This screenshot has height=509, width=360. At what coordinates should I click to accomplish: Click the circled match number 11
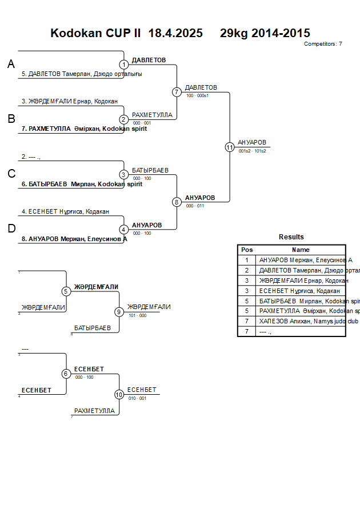(x=230, y=147)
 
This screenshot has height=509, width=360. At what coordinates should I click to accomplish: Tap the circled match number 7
(x=177, y=92)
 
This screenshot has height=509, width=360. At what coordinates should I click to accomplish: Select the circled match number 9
(x=119, y=312)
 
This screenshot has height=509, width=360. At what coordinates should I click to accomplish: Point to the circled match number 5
(x=66, y=291)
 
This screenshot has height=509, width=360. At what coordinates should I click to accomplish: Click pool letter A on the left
(x=11, y=65)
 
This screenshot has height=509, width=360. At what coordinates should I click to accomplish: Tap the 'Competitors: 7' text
(x=323, y=44)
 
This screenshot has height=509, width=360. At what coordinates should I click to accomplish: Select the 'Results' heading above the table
(x=291, y=237)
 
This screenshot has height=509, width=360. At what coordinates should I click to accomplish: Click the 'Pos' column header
(x=247, y=250)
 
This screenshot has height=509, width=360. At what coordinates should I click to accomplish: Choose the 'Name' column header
(x=301, y=250)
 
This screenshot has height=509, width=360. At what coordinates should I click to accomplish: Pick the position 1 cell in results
(x=247, y=260)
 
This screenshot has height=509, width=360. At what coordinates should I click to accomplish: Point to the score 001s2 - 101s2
(x=252, y=151)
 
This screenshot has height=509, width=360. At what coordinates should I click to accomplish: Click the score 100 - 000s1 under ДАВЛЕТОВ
(x=198, y=95)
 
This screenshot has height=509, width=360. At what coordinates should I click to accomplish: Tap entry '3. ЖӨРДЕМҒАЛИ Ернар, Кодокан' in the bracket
(x=70, y=101)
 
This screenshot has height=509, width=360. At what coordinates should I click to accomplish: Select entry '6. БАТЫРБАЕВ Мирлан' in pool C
(x=82, y=185)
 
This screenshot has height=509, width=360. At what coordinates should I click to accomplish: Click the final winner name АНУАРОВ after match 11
(x=252, y=142)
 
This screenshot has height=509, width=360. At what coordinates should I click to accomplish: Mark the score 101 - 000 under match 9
(x=138, y=315)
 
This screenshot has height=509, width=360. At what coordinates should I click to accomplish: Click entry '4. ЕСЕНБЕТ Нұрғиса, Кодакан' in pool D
(x=66, y=211)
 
